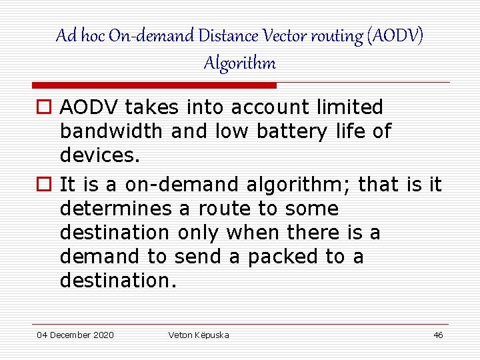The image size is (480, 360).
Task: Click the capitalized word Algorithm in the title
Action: coord(239,63)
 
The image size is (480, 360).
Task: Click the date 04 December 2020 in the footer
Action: coord(75,335)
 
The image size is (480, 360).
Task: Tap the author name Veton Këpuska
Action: coord(199,335)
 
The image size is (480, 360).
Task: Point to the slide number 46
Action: coord(438,335)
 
